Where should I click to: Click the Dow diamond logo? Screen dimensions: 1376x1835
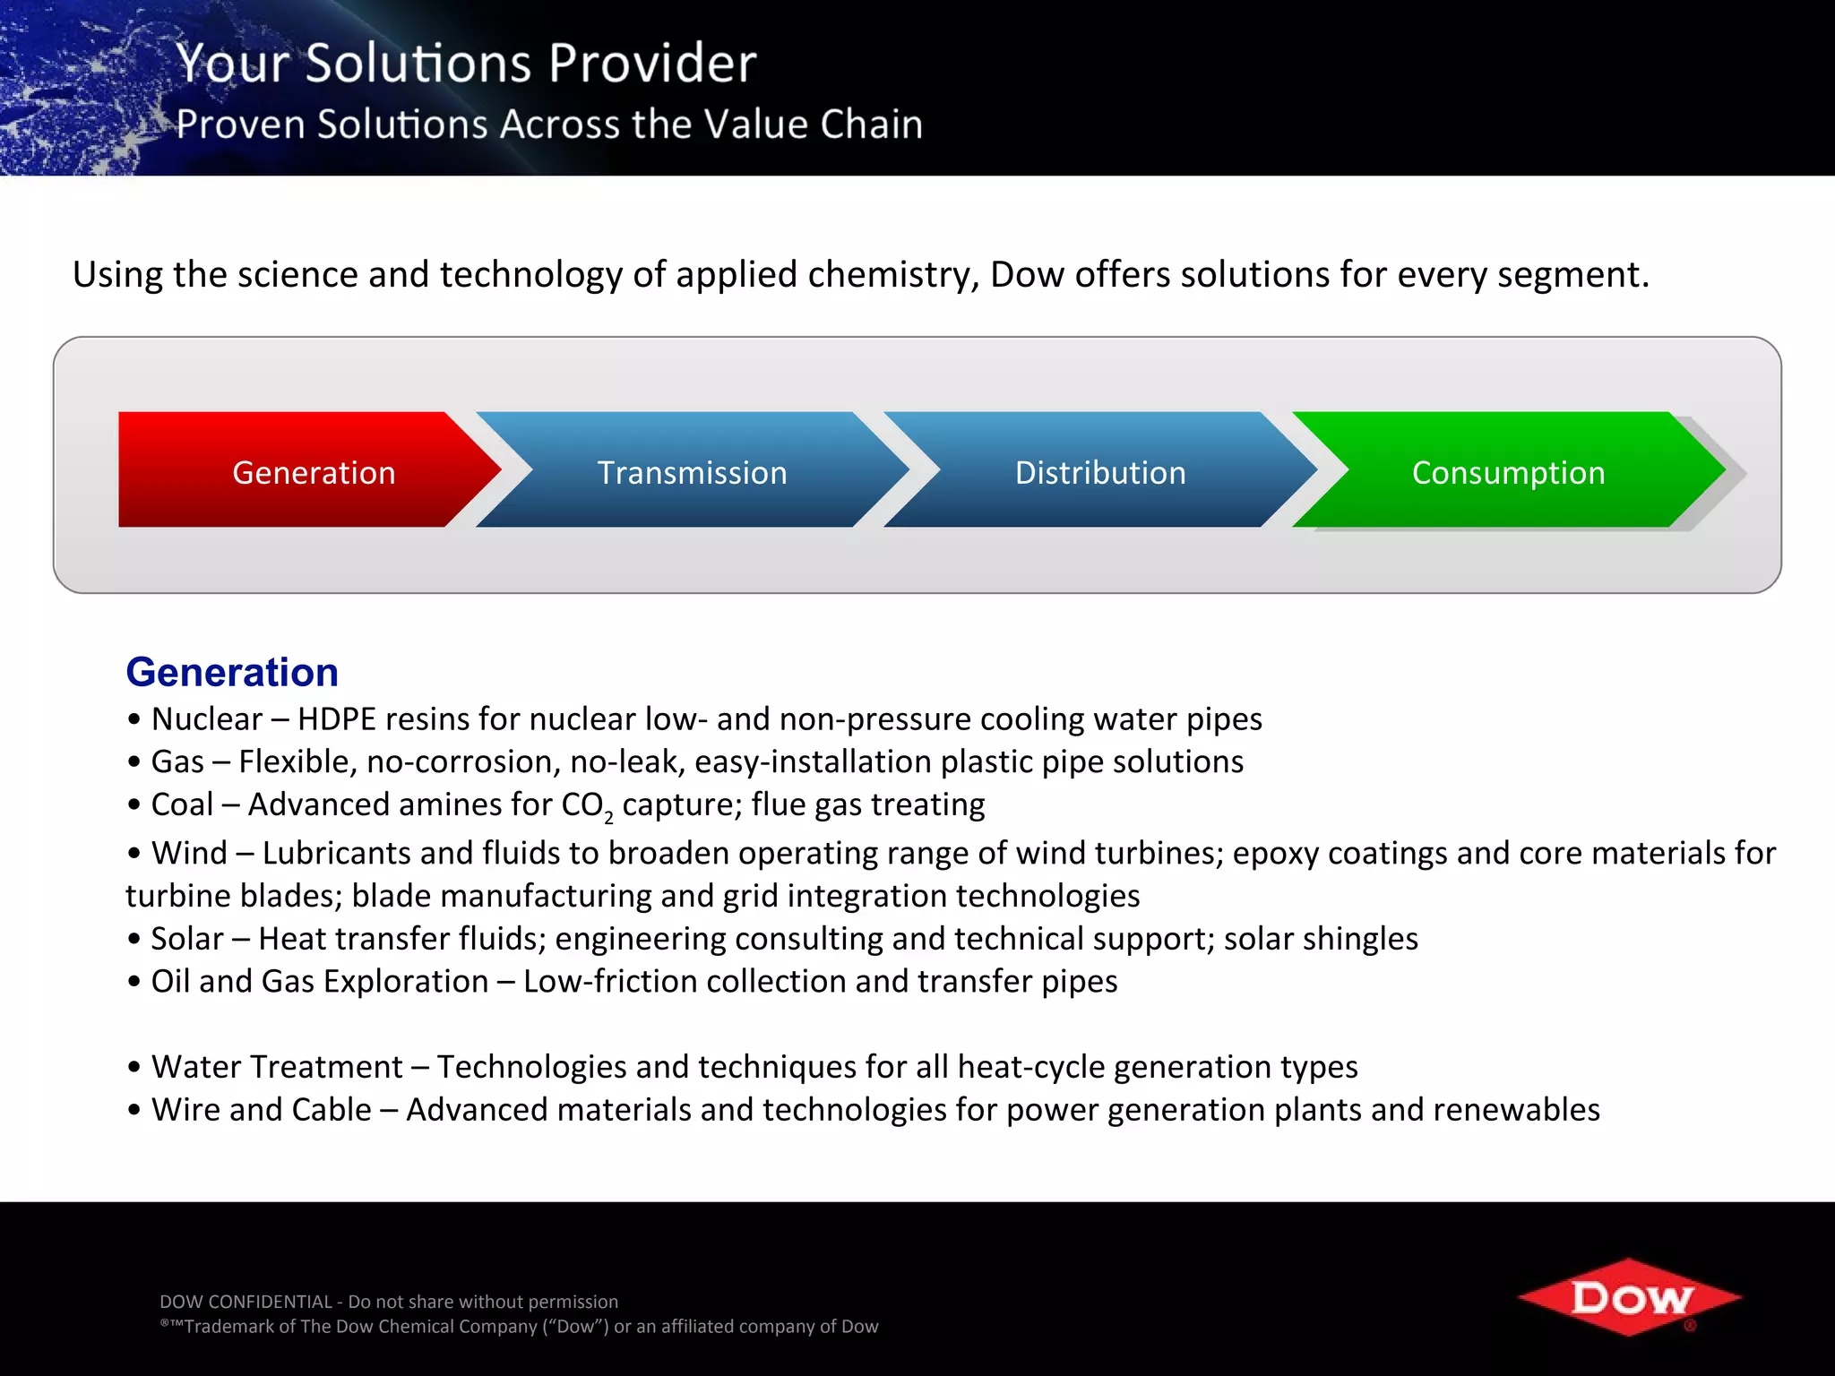[1630, 1297]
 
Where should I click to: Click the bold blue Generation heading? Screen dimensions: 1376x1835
[232, 672]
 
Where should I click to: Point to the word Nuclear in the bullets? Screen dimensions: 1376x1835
[207, 719]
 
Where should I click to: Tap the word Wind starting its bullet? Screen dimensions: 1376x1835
[189, 853]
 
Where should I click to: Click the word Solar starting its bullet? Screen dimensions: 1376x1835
[187, 939]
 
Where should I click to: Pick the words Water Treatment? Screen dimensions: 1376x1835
[277, 1067]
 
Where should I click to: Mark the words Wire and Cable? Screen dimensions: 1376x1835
[261, 1110]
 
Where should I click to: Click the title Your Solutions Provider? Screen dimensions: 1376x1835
[466, 63]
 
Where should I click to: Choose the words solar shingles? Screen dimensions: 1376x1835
[1321, 939]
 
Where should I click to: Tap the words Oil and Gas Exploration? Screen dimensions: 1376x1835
[319, 982]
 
